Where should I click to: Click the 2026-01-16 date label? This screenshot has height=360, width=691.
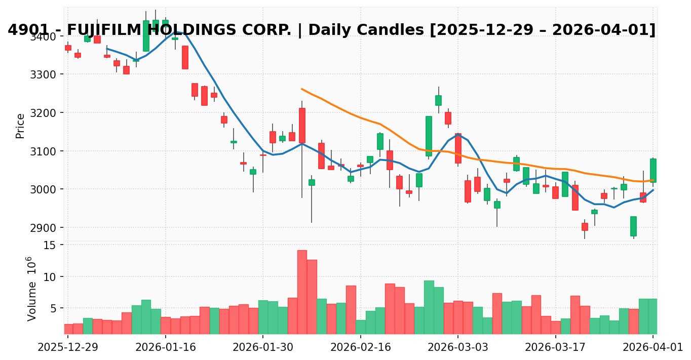[x=166, y=347]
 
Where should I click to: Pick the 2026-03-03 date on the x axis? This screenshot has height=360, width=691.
[x=457, y=347]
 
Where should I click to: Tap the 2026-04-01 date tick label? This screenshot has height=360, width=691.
[x=653, y=347]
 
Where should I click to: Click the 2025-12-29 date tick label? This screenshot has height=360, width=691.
[x=68, y=347]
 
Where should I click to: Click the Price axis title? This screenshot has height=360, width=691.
[x=20, y=126]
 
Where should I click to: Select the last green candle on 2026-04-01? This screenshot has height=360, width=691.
[x=653, y=170]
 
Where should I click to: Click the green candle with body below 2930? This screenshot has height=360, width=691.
[x=633, y=226]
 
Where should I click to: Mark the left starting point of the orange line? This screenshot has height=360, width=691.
[x=302, y=89]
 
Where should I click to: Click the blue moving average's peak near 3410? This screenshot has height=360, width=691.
[x=176, y=31]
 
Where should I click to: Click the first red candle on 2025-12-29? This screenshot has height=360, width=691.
[x=68, y=48]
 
